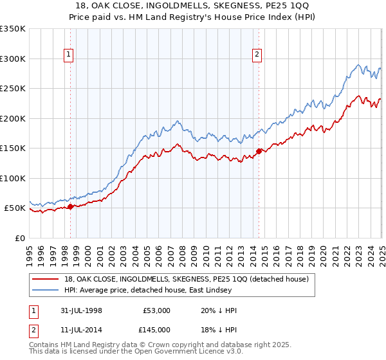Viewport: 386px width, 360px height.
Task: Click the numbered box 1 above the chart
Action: tap(69, 55)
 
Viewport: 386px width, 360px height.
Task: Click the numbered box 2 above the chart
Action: tap(257, 55)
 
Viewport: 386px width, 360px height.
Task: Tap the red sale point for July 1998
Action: tap(71, 206)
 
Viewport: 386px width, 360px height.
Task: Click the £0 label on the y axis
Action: tap(19, 238)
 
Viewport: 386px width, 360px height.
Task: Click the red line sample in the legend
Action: tap(46, 279)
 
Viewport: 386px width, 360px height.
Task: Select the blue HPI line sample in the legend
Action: tap(46, 291)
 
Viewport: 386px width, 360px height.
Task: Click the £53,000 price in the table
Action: tap(156, 310)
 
